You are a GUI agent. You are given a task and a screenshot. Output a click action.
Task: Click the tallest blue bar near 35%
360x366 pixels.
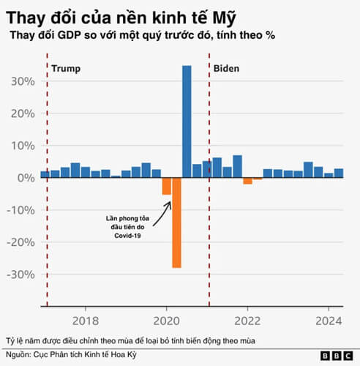[187, 121]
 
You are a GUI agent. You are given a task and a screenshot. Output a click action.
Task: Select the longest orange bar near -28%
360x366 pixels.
[176, 223]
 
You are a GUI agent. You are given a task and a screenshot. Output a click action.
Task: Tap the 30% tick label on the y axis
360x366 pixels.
[23, 81]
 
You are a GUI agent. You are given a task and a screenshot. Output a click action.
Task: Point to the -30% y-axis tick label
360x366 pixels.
[20, 274]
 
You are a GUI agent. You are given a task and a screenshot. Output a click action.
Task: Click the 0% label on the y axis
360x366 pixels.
[26, 178]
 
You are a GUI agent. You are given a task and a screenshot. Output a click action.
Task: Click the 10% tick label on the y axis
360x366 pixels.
[23, 146]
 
